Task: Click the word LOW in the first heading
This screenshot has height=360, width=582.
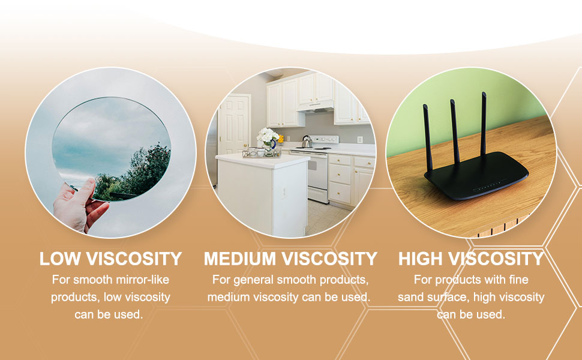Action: (x=60, y=259)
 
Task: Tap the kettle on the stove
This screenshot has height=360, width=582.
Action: (x=307, y=142)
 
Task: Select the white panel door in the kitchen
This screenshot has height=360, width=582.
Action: (x=234, y=124)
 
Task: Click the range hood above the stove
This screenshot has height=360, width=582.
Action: (x=316, y=106)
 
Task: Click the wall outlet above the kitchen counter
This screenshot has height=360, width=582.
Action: (x=359, y=140)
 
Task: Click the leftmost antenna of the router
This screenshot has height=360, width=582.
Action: (x=428, y=137)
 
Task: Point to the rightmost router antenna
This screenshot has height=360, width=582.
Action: (x=483, y=124)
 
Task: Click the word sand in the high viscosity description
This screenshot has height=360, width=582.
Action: (x=410, y=297)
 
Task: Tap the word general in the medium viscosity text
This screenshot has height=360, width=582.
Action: (x=254, y=280)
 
